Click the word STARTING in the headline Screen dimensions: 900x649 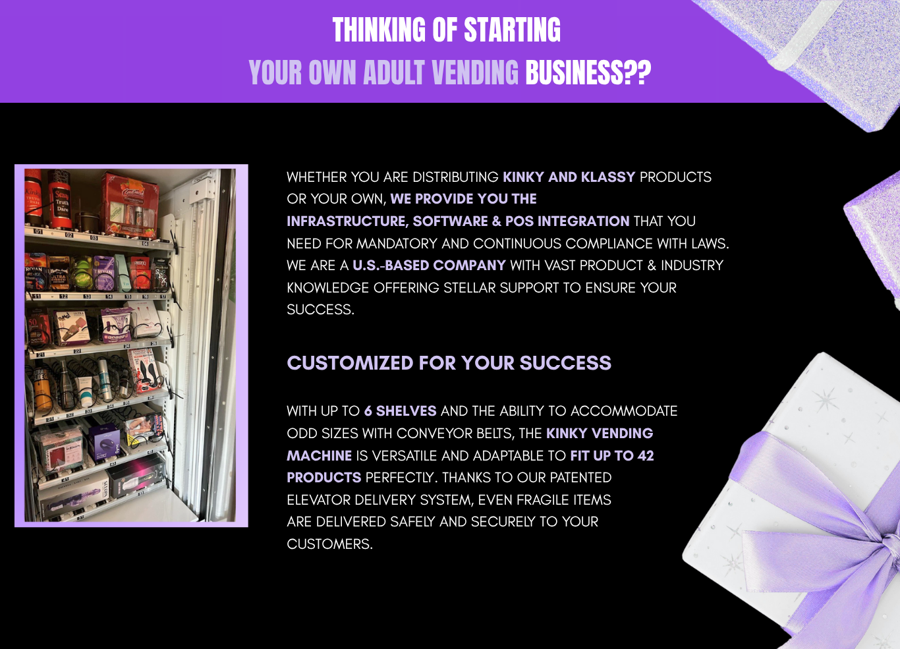(x=513, y=30)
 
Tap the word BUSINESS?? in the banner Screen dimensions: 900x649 (x=588, y=72)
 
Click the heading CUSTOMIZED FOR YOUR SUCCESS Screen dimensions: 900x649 (x=449, y=363)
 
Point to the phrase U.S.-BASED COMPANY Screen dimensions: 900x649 (x=429, y=266)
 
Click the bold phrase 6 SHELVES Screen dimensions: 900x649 (x=400, y=410)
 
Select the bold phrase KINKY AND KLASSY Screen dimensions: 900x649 (x=569, y=177)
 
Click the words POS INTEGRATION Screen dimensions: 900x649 (x=567, y=221)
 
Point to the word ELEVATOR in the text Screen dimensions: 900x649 (x=319, y=499)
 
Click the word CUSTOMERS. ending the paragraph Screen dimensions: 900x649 (x=330, y=544)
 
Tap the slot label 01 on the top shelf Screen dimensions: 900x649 (x=38, y=231)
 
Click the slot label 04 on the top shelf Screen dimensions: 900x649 (x=145, y=243)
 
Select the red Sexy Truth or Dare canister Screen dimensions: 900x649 (x=60, y=200)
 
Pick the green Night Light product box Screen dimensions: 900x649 (x=82, y=273)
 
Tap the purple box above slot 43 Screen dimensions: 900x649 (x=103, y=441)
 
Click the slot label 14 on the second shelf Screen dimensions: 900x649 (x=109, y=296)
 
